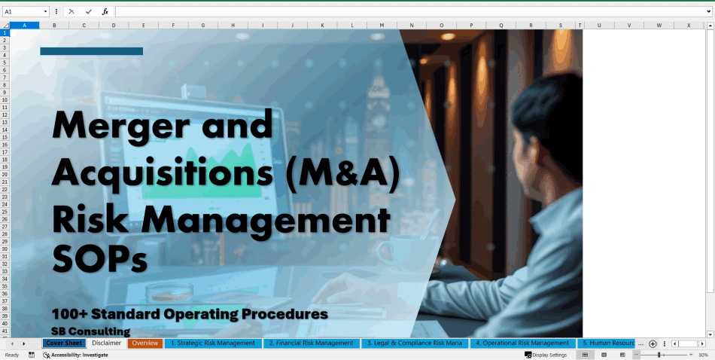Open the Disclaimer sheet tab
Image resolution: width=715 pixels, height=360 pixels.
pyautogui.click(x=106, y=343)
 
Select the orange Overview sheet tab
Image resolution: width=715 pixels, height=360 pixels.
pyautogui.click(x=145, y=343)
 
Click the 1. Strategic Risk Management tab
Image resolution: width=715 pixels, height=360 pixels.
pyautogui.click(x=212, y=343)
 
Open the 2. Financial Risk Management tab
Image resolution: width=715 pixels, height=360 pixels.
pyautogui.click(x=311, y=343)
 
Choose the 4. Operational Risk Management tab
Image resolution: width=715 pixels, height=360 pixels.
pyautogui.click(x=522, y=343)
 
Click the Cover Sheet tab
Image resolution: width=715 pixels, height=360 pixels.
pyautogui.click(x=63, y=343)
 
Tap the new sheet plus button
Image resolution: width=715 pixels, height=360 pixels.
pyautogui.click(x=653, y=343)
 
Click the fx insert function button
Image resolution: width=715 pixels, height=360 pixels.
pyautogui.click(x=105, y=12)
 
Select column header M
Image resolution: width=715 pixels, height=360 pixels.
pyautogui.click(x=382, y=25)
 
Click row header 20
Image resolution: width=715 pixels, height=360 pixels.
pyautogui.click(x=5, y=166)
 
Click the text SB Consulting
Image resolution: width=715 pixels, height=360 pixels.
pyautogui.click(x=90, y=331)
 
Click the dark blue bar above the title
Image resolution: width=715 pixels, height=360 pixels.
pyautogui.click(x=91, y=51)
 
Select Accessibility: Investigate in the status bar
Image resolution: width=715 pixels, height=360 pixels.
pyautogui.click(x=79, y=355)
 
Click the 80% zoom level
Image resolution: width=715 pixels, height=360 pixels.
pyautogui.click(x=703, y=355)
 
